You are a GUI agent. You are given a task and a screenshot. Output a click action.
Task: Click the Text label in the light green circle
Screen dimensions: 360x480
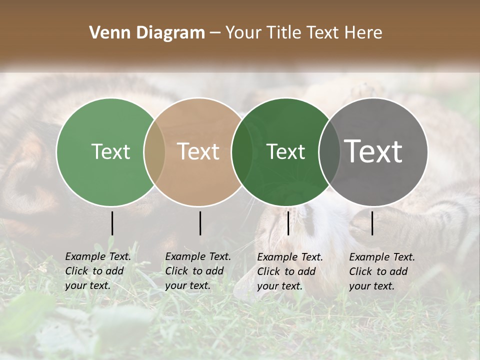(110, 151)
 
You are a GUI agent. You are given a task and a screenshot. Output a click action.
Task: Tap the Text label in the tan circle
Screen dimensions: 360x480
(198, 151)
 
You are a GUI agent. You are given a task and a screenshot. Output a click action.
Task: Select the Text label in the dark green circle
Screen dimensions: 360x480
(286, 151)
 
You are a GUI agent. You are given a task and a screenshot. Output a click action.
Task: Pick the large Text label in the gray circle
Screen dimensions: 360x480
(373, 151)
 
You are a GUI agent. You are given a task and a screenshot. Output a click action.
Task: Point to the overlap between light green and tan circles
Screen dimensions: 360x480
(154, 152)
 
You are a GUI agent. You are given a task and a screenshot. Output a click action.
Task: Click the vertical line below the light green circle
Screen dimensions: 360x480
(112, 223)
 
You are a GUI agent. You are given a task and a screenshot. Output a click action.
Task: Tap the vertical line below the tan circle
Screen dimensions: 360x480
(200, 223)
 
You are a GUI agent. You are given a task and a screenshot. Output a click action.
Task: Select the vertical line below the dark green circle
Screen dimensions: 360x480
(288, 223)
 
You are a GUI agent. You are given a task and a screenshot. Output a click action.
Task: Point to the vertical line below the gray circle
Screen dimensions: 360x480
(372, 223)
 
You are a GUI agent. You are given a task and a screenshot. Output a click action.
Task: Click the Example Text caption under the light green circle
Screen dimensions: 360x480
(98, 271)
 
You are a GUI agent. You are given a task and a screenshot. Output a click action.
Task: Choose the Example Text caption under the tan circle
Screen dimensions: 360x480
(198, 271)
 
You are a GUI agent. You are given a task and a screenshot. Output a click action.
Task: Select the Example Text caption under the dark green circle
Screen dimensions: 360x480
(290, 271)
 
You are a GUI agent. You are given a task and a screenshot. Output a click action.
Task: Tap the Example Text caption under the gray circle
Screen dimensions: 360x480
(382, 271)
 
